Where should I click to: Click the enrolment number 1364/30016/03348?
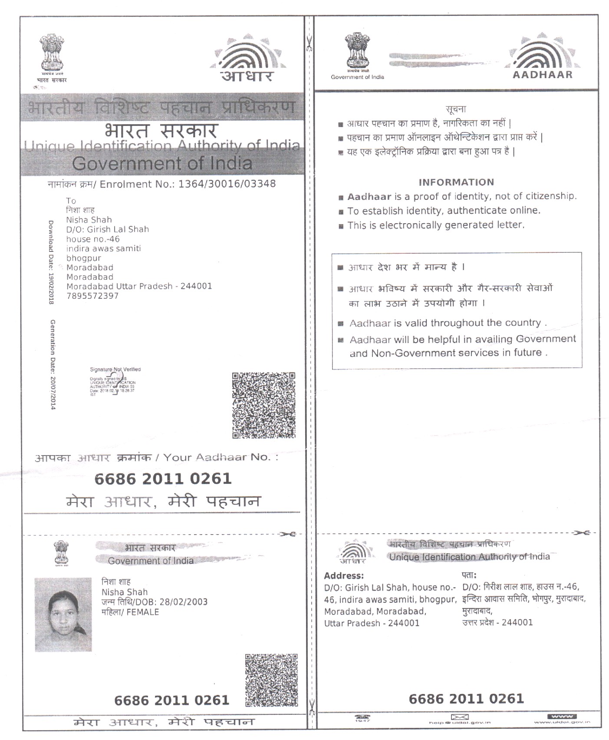coord(227,184)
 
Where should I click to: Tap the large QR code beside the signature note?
coord(263,405)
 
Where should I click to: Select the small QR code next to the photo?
coord(271,681)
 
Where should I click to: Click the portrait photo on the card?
coord(63,614)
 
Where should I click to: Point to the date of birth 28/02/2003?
coord(184,602)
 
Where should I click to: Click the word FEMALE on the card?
coord(143,612)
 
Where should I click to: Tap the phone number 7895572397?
coord(92,296)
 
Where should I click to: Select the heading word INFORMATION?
coord(456,182)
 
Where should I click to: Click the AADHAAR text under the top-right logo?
coord(543,75)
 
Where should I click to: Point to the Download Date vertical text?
coord(51,262)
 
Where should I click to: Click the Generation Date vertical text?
coord(53,365)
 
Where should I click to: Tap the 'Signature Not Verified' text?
coord(115,370)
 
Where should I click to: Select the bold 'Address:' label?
coord(344,576)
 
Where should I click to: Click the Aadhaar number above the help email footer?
coord(466,699)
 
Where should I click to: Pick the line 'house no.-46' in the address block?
coord(93,239)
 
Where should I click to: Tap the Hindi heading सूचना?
coord(456,109)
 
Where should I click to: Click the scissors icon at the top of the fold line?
coord(309,43)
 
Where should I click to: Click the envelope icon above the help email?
coord(459,717)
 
